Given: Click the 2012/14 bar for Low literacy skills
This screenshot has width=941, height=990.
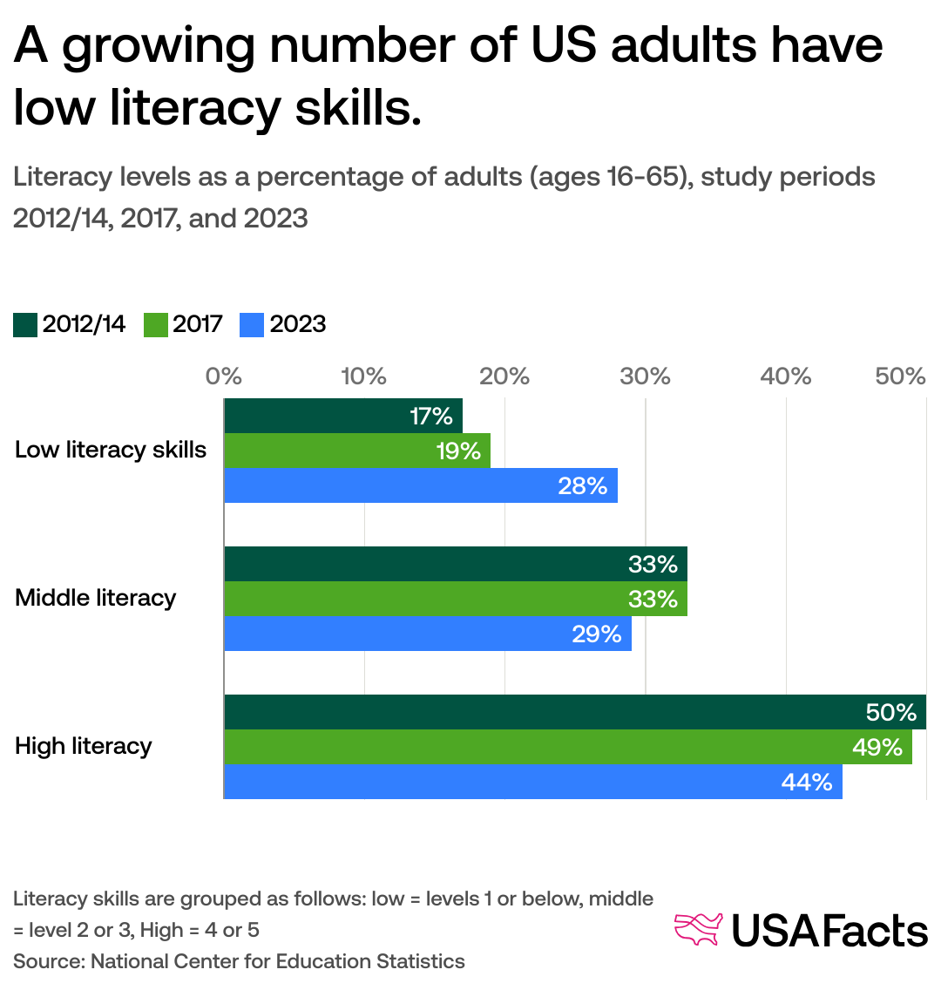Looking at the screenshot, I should click(x=342, y=416).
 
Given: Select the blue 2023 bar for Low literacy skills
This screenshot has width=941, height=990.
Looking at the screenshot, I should click(x=420, y=485).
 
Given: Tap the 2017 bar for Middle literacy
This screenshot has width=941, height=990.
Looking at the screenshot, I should click(x=455, y=599).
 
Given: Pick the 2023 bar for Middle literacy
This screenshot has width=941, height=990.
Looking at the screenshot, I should click(x=427, y=634).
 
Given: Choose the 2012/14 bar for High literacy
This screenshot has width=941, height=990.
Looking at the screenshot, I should click(x=574, y=712).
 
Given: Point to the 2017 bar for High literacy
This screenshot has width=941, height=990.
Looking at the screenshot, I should click(x=567, y=747).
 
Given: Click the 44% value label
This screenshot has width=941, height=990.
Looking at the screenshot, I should click(x=806, y=782).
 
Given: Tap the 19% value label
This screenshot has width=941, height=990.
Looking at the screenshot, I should click(x=458, y=451).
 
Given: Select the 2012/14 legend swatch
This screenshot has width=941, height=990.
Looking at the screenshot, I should click(x=25, y=325).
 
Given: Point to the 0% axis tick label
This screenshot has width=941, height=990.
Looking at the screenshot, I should click(x=223, y=376).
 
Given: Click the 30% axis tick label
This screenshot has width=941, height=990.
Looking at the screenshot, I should click(x=645, y=376).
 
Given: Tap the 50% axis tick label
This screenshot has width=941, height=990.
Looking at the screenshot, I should click(x=900, y=376).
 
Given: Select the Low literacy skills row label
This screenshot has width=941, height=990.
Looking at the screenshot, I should click(x=111, y=451).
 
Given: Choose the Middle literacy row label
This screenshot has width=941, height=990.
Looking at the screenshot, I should click(x=96, y=599).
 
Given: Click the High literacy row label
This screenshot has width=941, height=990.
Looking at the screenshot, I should click(x=84, y=747).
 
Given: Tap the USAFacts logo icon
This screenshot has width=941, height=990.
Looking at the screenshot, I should click(x=699, y=929).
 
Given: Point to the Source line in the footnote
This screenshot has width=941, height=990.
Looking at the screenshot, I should click(x=239, y=961).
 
